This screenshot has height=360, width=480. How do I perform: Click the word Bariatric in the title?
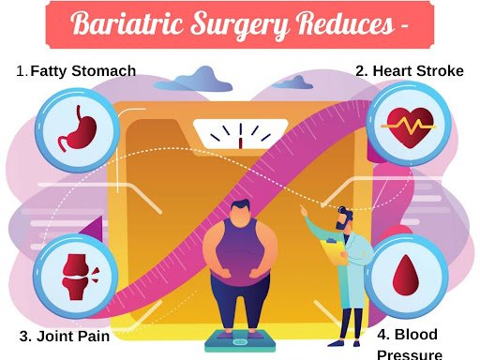coord(127,23)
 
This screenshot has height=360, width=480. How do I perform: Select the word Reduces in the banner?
coord(345,23)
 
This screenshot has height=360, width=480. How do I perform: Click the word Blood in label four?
coord(416,335)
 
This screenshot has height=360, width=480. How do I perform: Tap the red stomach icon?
coord(78,128)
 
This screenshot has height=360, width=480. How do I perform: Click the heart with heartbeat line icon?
coord(409,127)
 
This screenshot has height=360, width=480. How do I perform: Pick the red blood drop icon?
coord(406,276)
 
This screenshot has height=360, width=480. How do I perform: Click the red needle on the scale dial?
coord(241,143)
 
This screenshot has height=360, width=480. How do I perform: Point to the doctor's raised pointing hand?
coord(304,211)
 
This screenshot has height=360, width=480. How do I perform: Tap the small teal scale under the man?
coord(240,341)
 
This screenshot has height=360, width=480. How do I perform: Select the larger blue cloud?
coord(194,80)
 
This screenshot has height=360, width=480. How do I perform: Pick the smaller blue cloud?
coord(292,82)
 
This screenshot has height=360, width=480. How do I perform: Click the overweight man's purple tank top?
coord(241,250)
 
